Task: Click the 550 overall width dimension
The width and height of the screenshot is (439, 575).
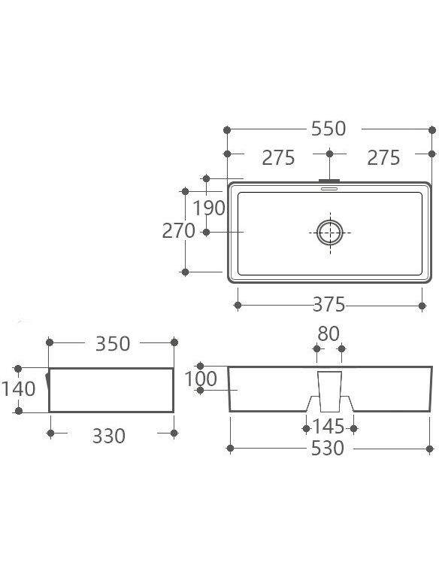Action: click(328, 129)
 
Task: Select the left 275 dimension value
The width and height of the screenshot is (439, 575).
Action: click(278, 158)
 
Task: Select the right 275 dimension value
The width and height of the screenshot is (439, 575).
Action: click(383, 158)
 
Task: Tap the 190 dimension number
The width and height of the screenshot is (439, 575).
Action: click(209, 208)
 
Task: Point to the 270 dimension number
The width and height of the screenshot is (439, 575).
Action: click(178, 230)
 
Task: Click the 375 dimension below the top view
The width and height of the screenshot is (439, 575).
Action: click(328, 304)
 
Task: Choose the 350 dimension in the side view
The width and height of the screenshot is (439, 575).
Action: click(113, 344)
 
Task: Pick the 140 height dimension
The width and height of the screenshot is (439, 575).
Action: click(18, 388)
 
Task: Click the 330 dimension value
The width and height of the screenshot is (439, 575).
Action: click(109, 436)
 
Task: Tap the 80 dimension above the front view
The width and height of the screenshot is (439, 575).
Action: click(328, 333)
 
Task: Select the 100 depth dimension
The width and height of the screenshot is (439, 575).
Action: click(201, 379)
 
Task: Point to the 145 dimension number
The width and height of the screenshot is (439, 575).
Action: click(328, 427)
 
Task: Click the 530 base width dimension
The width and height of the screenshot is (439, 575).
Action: click(327, 448)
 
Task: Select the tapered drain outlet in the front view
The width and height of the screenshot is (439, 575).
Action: click(330, 391)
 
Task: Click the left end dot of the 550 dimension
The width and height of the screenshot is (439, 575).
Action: click(227, 129)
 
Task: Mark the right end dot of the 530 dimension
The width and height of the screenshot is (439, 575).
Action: click(430, 449)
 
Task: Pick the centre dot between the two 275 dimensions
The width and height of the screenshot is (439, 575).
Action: click(329, 154)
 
